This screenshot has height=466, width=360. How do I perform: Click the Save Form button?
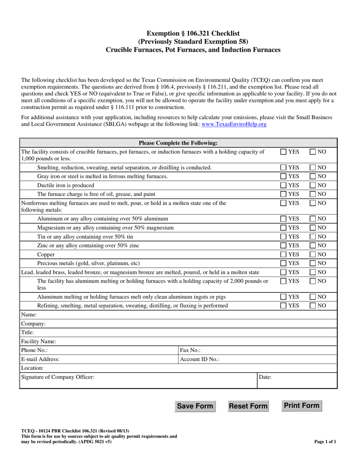(x=195, y=406)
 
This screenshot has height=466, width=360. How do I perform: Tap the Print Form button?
(x=302, y=406)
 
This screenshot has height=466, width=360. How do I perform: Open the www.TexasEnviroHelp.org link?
(x=234, y=124)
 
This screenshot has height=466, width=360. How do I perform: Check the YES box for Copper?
(x=283, y=255)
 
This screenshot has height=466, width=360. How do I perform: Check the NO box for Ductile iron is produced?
(x=313, y=185)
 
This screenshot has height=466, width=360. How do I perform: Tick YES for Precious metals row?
(x=283, y=263)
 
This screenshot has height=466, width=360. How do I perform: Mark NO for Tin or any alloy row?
(x=313, y=236)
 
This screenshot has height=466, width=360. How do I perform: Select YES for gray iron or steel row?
(x=283, y=176)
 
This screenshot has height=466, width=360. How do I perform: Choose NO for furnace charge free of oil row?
(x=313, y=194)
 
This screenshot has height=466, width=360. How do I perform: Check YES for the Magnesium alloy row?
(x=283, y=227)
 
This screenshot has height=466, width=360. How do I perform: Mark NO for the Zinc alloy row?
(x=313, y=246)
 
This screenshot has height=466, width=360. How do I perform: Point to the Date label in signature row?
(x=265, y=377)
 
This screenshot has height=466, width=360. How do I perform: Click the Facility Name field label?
(x=39, y=341)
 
